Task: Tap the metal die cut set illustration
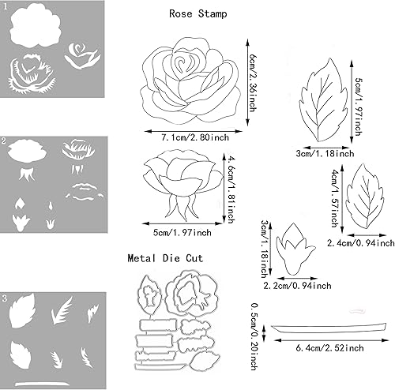coord(178,324)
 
